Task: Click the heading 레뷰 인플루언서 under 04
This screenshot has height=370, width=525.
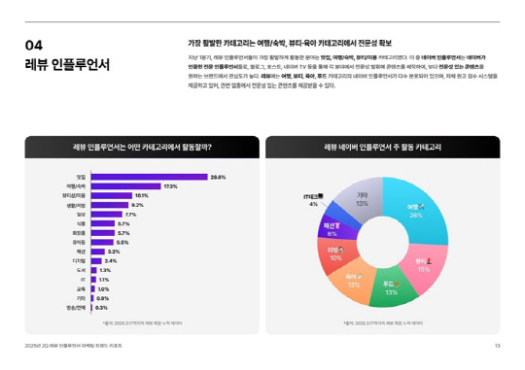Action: coord(67,65)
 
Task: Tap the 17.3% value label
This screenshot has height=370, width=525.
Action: coord(170,185)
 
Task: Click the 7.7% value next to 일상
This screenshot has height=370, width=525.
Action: coord(131,214)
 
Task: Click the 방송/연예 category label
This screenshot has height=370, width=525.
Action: coord(75,307)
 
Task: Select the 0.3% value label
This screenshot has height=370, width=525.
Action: coord(101,307)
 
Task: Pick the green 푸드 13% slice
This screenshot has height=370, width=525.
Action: coord(390,286)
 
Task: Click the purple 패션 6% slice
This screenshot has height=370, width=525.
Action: coord(332,229)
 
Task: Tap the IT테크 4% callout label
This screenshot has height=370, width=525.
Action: coord(313,199)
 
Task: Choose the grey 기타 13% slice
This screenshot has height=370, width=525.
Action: coord(362,201)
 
